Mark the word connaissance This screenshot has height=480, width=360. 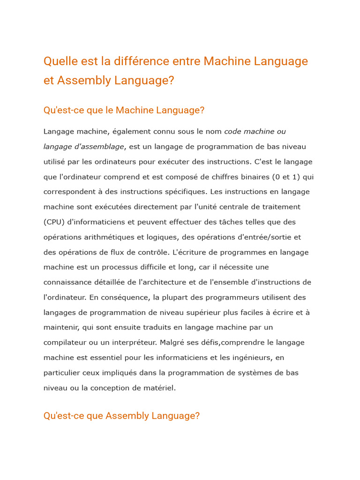click(67, 282)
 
